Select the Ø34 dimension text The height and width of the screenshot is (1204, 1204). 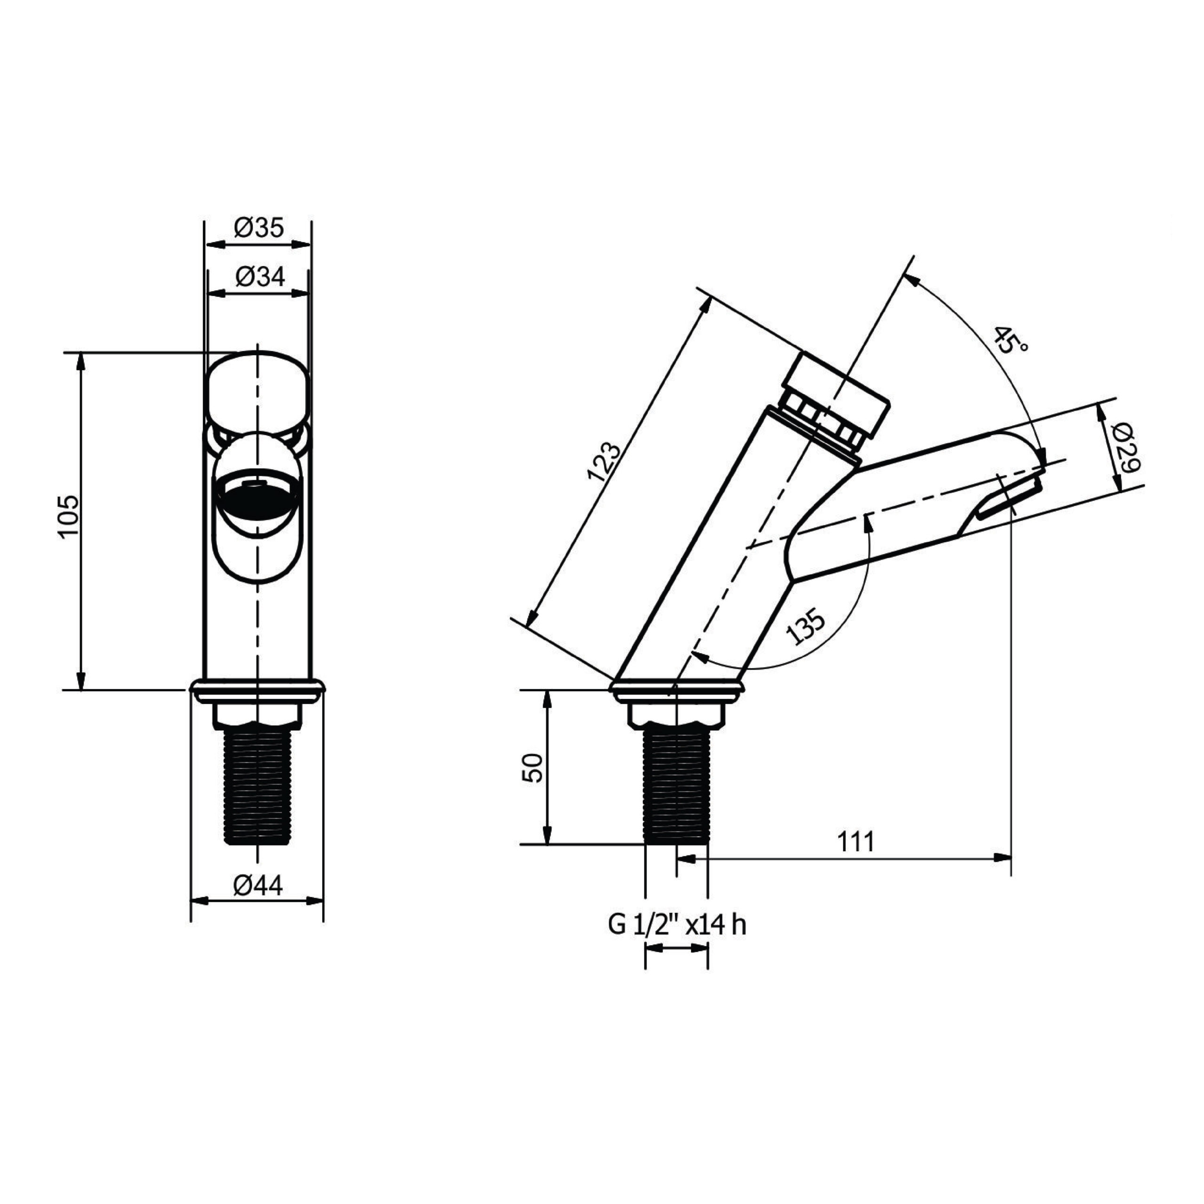click(260, 277)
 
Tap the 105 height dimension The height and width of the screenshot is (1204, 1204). click(69, 517)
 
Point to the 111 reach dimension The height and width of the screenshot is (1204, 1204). click(855, 842)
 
